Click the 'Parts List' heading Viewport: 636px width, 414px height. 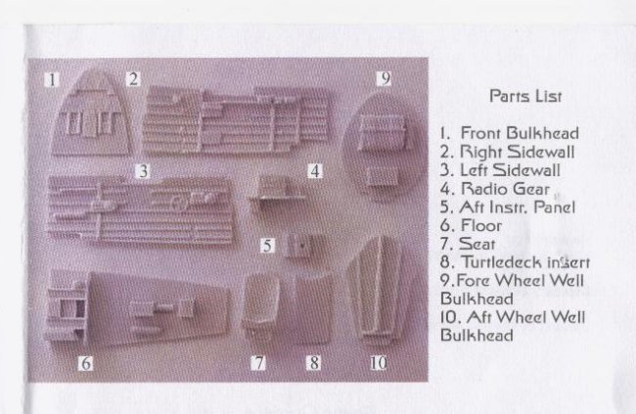[x=525, y=96]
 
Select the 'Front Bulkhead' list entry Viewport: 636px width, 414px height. [x=520, y=133]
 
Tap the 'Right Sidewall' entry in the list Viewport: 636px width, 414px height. [x=518, y=152]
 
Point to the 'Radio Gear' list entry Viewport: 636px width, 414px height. [x=505, y=189]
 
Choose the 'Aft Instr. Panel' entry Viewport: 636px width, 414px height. [x=518, y=207]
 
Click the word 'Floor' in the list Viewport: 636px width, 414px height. [x=481, y=225]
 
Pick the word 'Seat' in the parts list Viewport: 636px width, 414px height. [x=477, y=244]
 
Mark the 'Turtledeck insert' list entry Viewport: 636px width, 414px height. [x=525, y=262]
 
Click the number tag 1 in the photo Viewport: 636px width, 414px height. [x=52, y=79]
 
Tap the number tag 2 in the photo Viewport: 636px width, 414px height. [x=133, y=78]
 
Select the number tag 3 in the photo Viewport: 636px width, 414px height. [x=143, y=171]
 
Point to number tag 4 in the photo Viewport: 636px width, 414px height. [x=315, y=171]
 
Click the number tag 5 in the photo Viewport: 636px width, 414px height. [x=267, y=246]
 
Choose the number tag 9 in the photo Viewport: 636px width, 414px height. [x=385, y=78]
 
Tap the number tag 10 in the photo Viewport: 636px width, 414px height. [x=378, y=363]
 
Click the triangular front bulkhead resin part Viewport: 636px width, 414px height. [x=91, y=115]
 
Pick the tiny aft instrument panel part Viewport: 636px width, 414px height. [x=299, y=245]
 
